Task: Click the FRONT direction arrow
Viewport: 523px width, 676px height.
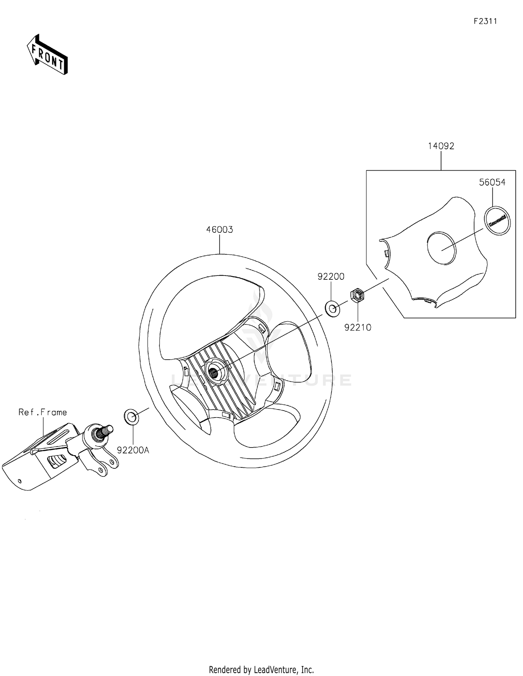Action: click(x=47, y=55)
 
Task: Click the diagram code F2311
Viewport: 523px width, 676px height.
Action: click(x=485, y=21)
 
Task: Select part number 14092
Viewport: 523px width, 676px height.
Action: click(x=441, y=146)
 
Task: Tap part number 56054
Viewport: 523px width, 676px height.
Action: click(x=492, y=182)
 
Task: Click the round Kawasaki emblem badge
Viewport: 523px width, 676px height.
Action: click(x=497, y=220)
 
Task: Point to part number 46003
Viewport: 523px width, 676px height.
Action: click(x=219, y=230)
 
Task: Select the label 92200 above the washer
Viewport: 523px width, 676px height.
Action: click(x=331, y=277)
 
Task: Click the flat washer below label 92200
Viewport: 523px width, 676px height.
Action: click(x=333, y=309)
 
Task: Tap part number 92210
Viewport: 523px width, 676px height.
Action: click(x=358, y=328)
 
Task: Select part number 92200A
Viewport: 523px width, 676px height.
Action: click(x=133, y=450)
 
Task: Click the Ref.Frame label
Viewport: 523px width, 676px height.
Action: click(x=43, y=412)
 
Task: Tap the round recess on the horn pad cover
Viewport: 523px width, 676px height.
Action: click(x=441, y=248)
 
